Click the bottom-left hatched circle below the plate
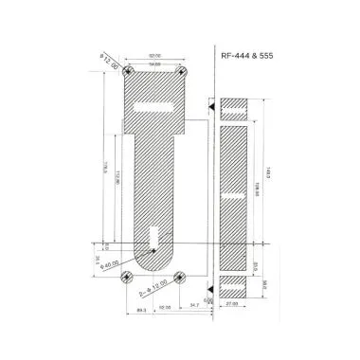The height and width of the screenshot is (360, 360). [128, 277]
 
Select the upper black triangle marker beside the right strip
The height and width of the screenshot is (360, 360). [211, 110]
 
